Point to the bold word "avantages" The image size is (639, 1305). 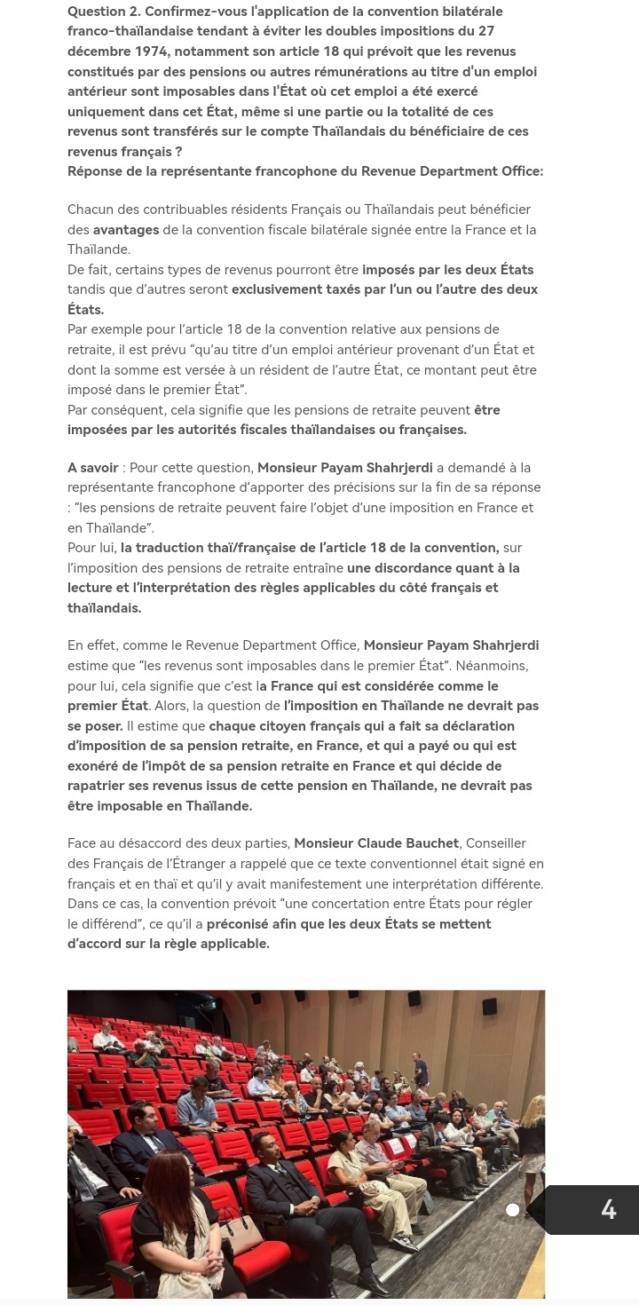point(126,230)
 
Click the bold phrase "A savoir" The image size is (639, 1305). point(93,468)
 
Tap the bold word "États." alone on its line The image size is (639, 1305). point(86,310)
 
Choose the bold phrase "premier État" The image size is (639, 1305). point(107,706)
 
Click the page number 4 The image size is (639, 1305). point(608,1209)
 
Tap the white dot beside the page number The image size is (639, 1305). point(512,1209)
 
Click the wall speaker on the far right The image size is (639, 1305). point(490,1007)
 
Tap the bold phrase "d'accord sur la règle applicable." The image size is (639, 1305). point(168,944)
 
